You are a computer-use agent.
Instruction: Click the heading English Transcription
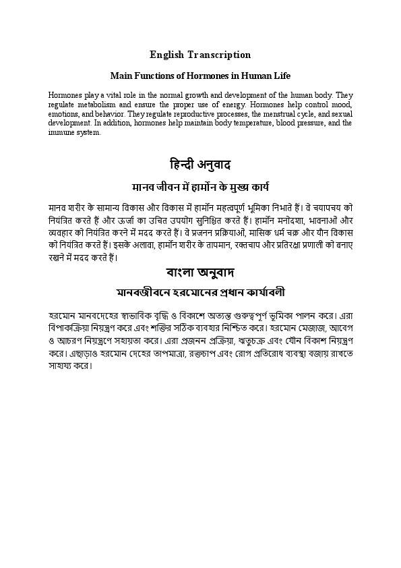(200, 55)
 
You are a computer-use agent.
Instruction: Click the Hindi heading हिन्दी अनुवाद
(200, 165)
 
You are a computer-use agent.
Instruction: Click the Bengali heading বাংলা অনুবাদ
(200, 273)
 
